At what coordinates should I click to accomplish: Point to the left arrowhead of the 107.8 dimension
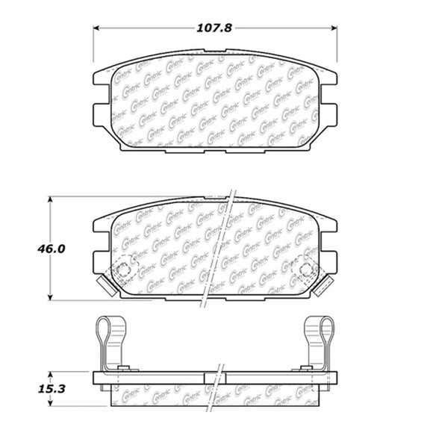[x=96, y=28]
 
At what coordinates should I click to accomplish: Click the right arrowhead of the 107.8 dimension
[x=334, y=28]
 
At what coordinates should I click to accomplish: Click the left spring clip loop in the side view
[x=109, y=328]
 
